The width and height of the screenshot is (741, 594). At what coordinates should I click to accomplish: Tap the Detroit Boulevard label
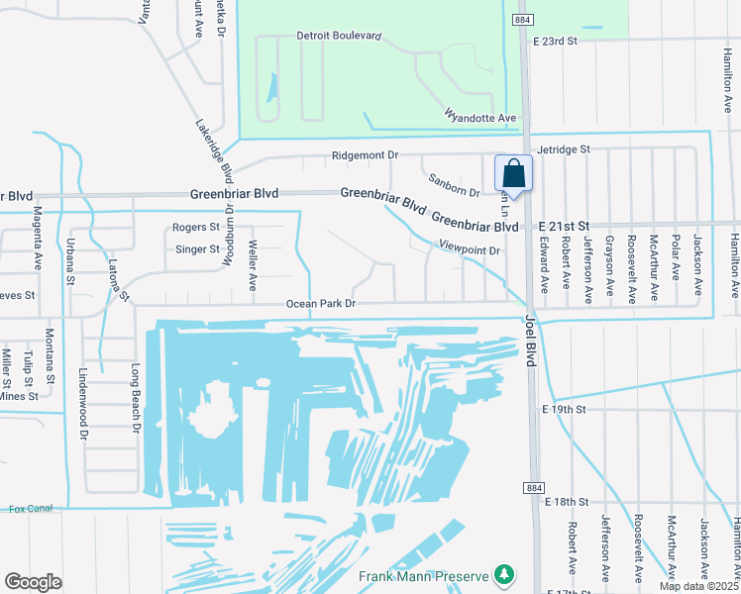pos(339,36)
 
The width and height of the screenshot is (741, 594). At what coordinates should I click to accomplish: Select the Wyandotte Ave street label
pos(480,117)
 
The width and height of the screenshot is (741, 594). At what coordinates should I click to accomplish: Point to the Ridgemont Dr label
pos(364,155)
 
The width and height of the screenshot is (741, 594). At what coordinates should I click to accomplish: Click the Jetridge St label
pos(562,148)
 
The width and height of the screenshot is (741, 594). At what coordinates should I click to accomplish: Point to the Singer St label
pos(195,249)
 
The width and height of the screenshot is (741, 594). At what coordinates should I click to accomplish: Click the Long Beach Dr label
pos(137,398)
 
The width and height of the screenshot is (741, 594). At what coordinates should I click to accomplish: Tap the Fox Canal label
pos(30,509)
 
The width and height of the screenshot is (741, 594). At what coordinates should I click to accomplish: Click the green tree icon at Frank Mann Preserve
pos(505,575)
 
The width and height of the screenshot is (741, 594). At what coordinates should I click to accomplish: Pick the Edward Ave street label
pos(543,263)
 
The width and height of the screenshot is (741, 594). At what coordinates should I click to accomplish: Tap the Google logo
pos(33,582)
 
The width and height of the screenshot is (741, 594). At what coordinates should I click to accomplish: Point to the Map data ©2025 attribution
pos(698,586)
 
